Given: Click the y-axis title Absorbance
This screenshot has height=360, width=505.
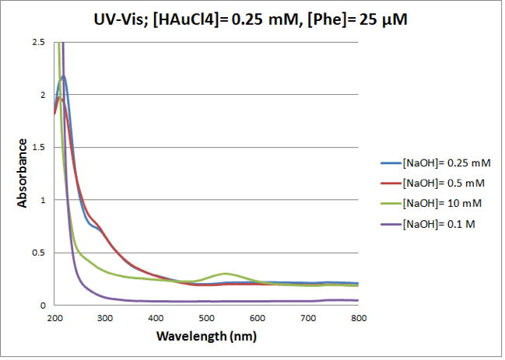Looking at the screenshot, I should [x=24, y=173].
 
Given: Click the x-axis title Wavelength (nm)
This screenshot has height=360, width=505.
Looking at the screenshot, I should [x=206, y=337].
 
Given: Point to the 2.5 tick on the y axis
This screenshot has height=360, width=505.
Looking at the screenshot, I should [x=40, y=42].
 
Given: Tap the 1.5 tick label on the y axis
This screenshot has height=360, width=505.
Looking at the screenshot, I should [x=40, y=148].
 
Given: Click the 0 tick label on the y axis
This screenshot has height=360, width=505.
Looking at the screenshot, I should [x=44, y=306].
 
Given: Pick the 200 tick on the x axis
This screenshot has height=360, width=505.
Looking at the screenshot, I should [x=54, y=319].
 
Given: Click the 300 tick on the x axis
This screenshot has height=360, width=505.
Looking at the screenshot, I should [x=105, y=319].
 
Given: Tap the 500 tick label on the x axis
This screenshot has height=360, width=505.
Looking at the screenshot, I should [x=206, y=319].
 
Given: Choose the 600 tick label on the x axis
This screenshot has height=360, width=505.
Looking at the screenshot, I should [x=257, y=319].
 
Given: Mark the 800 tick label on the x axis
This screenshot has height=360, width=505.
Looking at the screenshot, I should [x=358, y=319].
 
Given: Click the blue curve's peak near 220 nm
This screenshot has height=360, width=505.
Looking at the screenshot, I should [x=63, y=76].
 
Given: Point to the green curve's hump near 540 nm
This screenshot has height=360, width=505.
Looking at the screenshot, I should [x=226, y=274].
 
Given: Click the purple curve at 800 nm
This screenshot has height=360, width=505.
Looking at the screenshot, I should [x=358, y=300].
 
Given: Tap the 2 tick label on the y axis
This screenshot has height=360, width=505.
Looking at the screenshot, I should [x=44, y=95].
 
